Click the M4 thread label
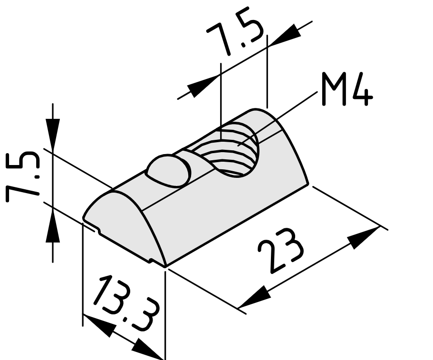click(347, 89)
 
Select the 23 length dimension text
click(280, 250)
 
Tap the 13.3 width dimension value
click(126, 303)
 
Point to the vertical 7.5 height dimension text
click(22, 177)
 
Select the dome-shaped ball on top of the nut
click(169, 170)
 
